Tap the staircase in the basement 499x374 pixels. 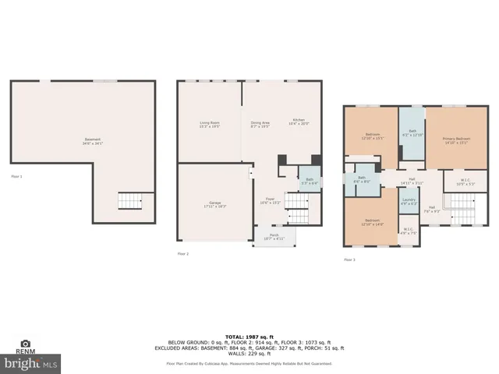129,201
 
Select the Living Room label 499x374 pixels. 209,125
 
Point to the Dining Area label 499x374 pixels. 260,125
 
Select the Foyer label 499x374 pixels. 269,200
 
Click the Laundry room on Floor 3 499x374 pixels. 409,202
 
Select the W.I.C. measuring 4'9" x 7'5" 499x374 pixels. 409,231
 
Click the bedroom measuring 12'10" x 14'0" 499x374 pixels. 372,222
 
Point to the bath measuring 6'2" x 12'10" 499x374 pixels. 412,132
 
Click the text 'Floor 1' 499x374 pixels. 16,177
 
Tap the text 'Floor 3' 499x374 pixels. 349,259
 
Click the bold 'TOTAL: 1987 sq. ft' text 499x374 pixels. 249,336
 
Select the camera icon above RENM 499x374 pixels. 26,344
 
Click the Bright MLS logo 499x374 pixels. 31,363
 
